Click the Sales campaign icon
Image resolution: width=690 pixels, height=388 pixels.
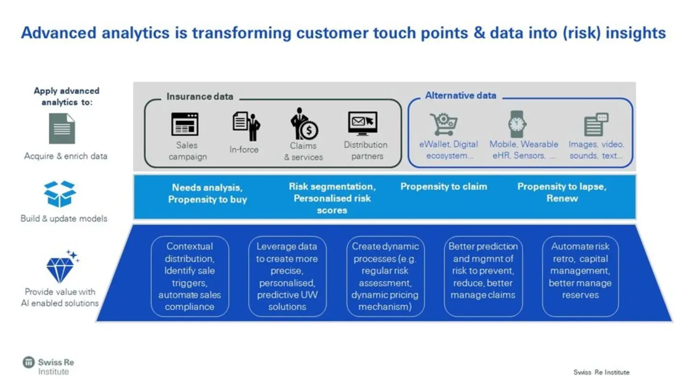click(x=185, y=124)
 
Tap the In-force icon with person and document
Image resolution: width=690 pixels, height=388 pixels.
click(x=246, y=126)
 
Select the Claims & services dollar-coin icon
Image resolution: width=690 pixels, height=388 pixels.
click(x=304, y=124)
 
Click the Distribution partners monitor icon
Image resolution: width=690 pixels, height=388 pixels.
click(x=362, y=123)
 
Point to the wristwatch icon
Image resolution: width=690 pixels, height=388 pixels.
click(x=517, y=124)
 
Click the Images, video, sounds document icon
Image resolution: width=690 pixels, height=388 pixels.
click(x=596, y=124)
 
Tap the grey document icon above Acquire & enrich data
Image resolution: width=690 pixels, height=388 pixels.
click(x=62, y=129)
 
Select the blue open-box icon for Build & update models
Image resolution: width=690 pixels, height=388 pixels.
click(x=60, y=194)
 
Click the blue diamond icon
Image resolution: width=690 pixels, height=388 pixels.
click(x=60, y=268)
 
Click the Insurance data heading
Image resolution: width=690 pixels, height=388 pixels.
click(x=200, y=97)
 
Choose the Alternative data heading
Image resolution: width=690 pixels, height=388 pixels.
click(x=460, y=95)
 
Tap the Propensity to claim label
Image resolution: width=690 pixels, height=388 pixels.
click(x=443, y=186)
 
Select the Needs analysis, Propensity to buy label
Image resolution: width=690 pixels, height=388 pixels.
click(x=207, y=193)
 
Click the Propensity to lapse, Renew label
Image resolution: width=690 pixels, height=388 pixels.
click(x=562, y=192)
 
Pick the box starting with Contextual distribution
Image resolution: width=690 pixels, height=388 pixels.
click(x=190, y=276)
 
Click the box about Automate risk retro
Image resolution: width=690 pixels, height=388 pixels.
click(x=580, y=276)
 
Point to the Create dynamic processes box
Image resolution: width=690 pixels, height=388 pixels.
click(x=385, y=276)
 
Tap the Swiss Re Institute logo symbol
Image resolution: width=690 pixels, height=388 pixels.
click(x=29, y=363)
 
